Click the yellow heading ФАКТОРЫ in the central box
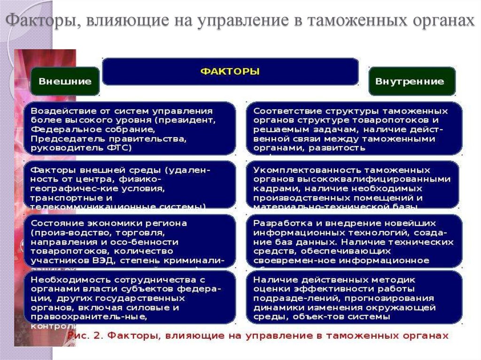tap(230, 71)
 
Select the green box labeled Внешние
tap(65, 81)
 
